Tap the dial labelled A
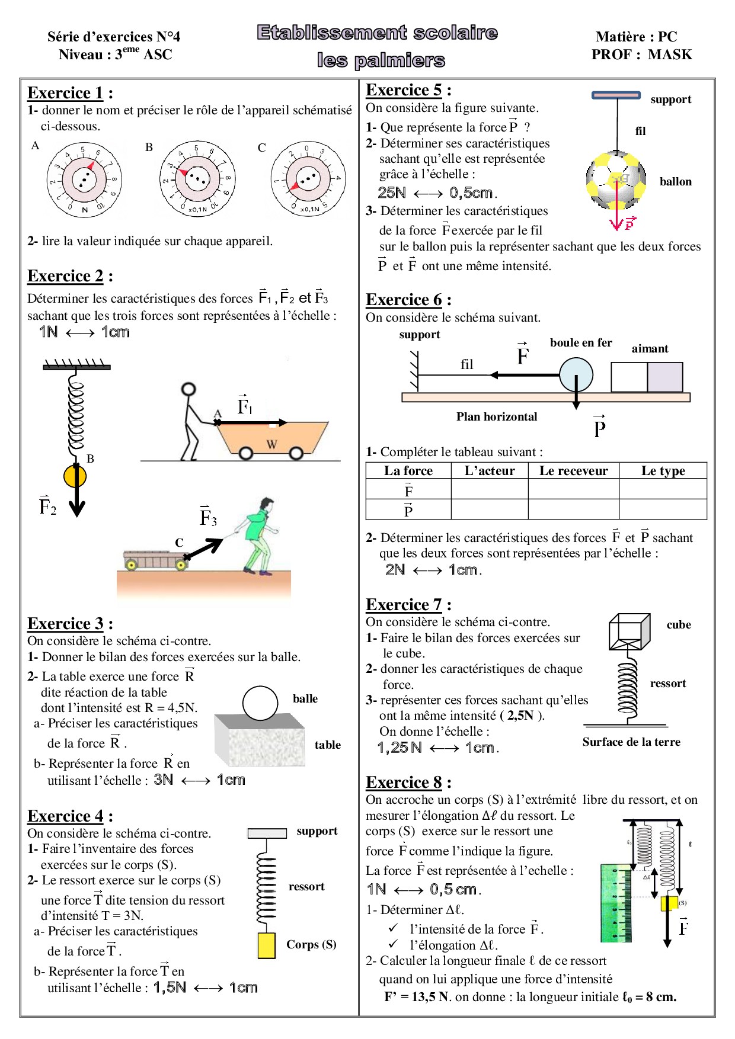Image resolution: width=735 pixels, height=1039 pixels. pos(84,179)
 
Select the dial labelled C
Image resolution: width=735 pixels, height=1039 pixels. pos(307,178)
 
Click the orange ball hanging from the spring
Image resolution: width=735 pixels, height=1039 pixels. pos(75,476)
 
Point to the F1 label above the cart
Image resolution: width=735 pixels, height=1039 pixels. pos(244,406)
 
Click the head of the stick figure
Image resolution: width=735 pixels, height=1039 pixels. pos(188,389)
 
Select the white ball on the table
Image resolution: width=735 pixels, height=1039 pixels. pos(260,703)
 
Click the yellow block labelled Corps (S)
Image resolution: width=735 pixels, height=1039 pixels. pos(266,945)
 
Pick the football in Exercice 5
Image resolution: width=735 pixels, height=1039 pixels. pos(616,180)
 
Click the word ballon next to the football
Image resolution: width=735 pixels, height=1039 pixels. pos(675,182)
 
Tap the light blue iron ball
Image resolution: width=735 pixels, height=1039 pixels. pos(576,375)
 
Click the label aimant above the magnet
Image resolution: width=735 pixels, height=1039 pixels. pos(650,349)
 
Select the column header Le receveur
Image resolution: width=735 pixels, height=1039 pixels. pos(573,471)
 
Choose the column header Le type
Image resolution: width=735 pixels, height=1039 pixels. pos(663,471)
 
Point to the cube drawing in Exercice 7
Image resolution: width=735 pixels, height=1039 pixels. pos(629,631)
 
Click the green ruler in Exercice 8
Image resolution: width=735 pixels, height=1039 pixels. pos(616,903)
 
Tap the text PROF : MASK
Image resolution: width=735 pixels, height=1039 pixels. pos(641,54)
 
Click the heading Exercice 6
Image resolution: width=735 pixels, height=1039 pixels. pos(404,300)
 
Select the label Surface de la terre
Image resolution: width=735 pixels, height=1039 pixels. pos(631,742)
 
